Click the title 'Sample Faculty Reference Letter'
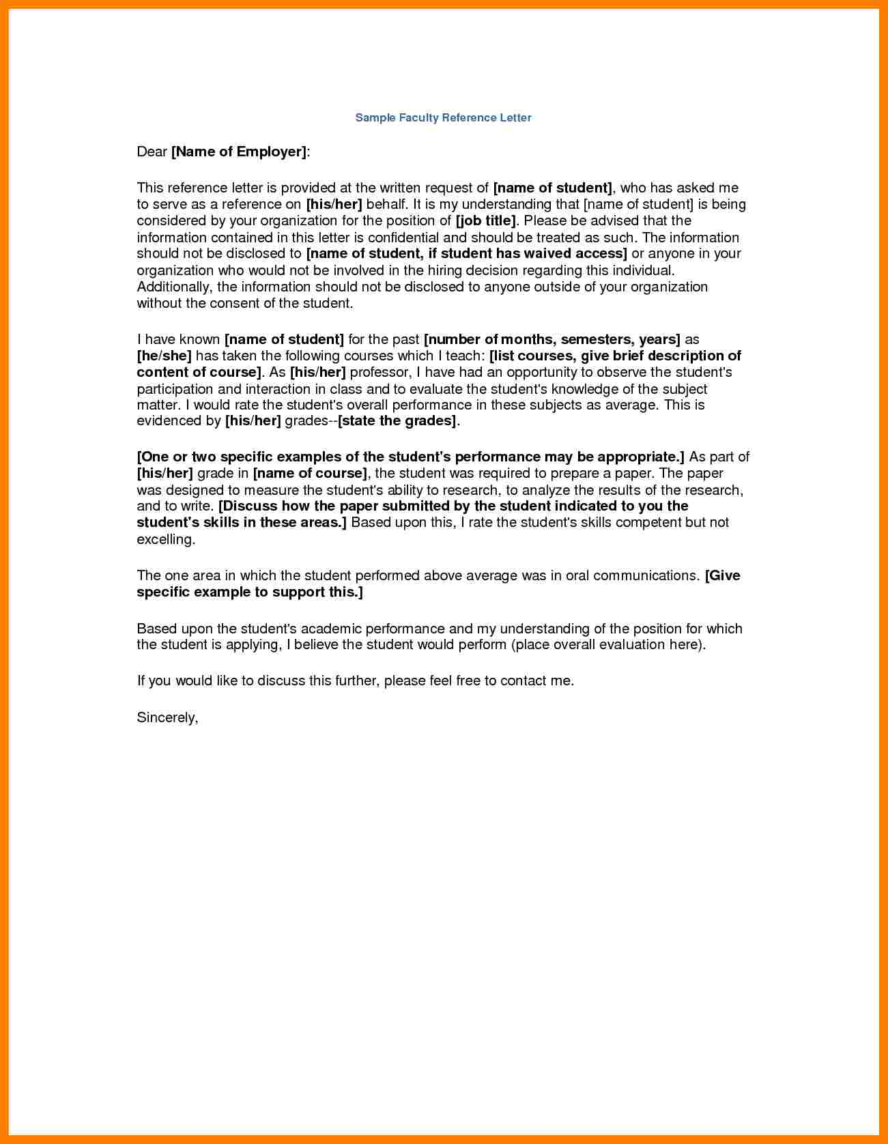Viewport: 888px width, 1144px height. [x=443, y=117]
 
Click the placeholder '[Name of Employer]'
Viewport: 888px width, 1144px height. [x=239, y=152]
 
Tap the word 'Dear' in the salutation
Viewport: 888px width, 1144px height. [x=152, y=152]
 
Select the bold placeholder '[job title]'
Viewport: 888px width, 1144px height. [x=486, y=220]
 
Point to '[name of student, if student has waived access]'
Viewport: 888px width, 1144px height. [x=466, y=253]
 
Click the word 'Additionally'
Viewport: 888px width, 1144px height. [x=173, y=287]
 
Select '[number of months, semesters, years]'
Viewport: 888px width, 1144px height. [x=552, y=339]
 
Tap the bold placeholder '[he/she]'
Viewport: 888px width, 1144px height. [x=164, y=356]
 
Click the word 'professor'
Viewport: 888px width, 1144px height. [x=379, y=372]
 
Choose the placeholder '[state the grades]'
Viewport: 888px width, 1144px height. [x=397, y=420]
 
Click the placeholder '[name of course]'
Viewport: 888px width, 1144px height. [x=310, y=473]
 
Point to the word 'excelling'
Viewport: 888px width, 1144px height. [x=165, y=539]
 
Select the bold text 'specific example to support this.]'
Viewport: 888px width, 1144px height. [x=250, y=592]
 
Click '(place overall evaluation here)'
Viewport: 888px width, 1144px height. [x=607, y=644]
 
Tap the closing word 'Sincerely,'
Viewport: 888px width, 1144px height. [x=167, y=717]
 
